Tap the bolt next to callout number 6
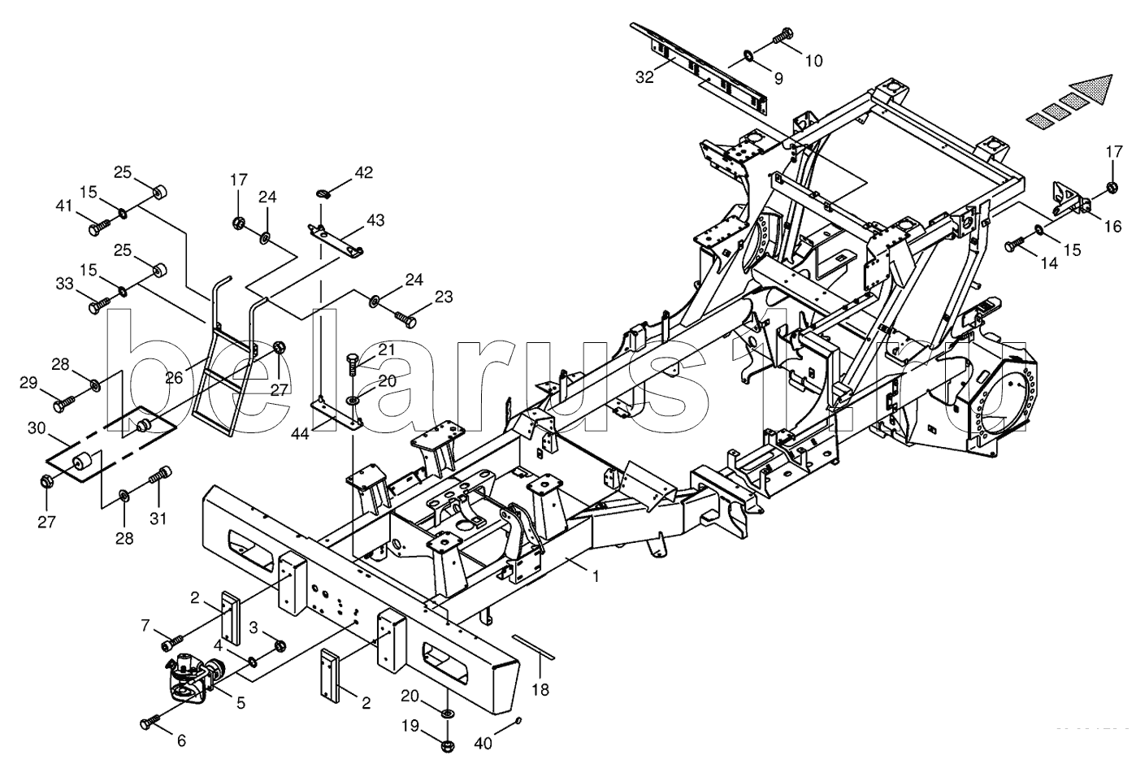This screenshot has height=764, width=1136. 150,722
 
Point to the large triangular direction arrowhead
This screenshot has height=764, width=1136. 1087,90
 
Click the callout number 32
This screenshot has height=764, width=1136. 644,77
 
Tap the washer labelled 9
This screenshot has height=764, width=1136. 749,54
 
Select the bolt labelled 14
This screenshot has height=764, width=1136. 1015,244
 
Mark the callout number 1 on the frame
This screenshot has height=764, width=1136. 596,577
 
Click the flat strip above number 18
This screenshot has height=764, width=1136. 534,646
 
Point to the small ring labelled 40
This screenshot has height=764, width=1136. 518,721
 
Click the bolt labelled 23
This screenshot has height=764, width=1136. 405,318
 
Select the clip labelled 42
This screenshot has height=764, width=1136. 323,193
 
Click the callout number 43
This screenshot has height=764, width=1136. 375,219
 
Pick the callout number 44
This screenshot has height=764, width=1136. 300,434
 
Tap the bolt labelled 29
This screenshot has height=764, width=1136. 64,404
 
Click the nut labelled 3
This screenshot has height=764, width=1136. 280,646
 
